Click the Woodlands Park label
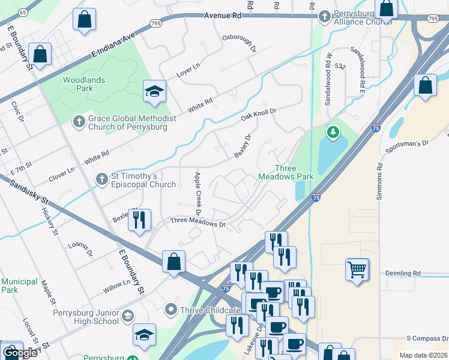click(84, 84)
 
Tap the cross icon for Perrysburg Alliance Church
click(325, 16)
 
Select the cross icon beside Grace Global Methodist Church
click(79, 122)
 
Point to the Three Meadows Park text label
click(286, 173)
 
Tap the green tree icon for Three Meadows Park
click(332, 131)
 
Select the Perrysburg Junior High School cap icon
click(127, 316)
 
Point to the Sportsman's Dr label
click(409, 144)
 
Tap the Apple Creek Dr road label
click(197, 194)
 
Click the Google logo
click(20, 353)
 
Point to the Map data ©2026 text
click(423, 355)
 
